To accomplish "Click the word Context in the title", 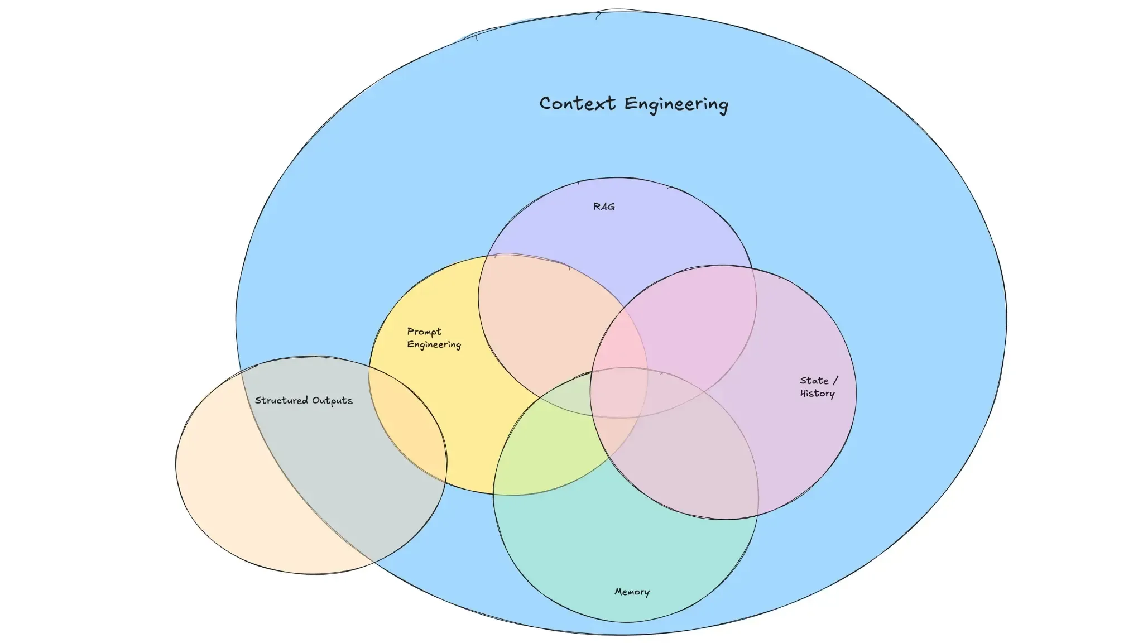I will click(577, 104).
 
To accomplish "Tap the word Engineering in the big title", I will click(676, 105).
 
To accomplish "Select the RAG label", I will click(604, 207).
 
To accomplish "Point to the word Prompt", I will click(424, 332).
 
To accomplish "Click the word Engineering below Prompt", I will click(434, 345).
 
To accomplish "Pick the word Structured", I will click(281, 400).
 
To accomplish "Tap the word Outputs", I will click(333, 401).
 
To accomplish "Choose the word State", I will click(814, 381).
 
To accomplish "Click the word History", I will click(818, 394).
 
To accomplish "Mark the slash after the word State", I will click(835, 380).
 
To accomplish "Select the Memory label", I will click(632, 592).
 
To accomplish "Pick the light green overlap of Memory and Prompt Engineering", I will click(553, 441).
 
